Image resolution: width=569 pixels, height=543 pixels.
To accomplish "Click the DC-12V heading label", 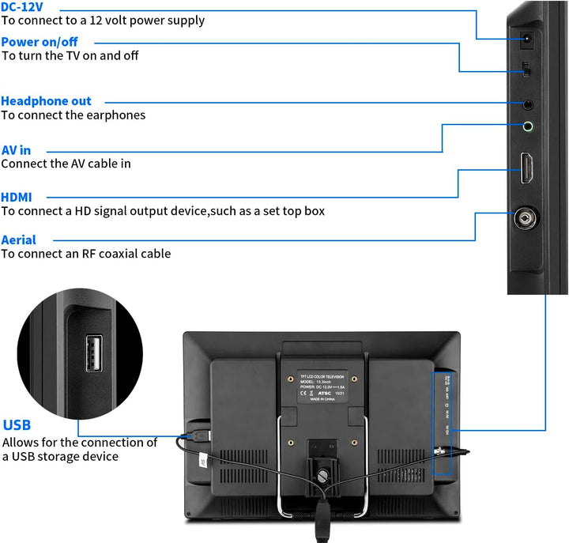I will pyautogui.click(x=22, y=6).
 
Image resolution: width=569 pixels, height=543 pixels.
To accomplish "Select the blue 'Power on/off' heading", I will pyautogui.click(x=39, y=41).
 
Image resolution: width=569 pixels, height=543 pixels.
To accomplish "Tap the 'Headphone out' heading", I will pyautogui.click(x=46, y=101).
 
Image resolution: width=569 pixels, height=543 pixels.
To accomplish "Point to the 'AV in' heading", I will pyautogui.click(x=16, y=149).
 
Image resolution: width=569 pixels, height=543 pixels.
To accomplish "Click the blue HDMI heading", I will pyautogui.click(x=17, y=197).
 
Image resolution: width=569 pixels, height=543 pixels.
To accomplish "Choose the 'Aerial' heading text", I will pyautogui.click(x=18, y=239).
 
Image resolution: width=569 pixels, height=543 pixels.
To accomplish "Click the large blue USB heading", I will pyautogui.click(x=17, y=425).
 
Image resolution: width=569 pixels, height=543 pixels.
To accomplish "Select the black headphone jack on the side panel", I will pyautogui.click(x=527, y=103).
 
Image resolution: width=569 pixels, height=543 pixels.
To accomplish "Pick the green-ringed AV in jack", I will pyautogui.click(x=527, y=126).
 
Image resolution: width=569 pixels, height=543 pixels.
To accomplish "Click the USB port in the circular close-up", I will pyautogui.click(x=94, y=353).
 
